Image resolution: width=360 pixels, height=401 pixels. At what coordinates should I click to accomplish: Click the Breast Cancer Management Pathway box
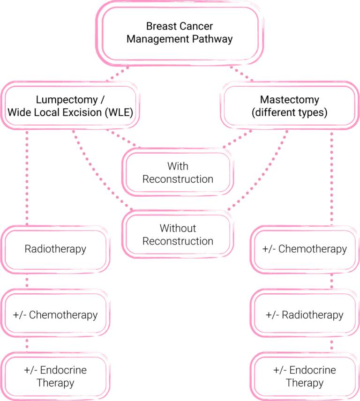[180, 32]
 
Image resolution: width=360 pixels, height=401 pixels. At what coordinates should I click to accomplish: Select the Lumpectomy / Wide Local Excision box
[70, 106]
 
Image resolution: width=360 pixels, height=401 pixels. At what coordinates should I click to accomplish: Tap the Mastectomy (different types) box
[289, 106]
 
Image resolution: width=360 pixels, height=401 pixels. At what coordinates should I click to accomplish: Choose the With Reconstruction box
[178, 172]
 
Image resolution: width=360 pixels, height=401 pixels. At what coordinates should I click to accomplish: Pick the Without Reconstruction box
[178, 234]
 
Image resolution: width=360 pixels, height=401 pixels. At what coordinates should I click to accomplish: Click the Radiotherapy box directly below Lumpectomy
[55, 249]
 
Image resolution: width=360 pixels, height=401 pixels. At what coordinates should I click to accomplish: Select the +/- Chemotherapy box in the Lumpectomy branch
[55, 315]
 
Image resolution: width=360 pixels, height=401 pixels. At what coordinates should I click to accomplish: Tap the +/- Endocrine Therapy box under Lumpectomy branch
[55, 376]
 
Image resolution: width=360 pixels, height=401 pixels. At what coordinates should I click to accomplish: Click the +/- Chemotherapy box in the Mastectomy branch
[305, 249]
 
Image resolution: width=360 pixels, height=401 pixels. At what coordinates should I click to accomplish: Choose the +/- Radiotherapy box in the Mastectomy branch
[305, 315]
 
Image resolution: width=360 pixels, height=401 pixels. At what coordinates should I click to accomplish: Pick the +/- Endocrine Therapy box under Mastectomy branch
[305, 376]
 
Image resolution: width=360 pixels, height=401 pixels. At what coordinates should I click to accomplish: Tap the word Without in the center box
[178, 228]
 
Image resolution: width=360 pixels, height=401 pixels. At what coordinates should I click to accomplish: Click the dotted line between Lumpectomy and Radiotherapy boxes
[27, 178]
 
